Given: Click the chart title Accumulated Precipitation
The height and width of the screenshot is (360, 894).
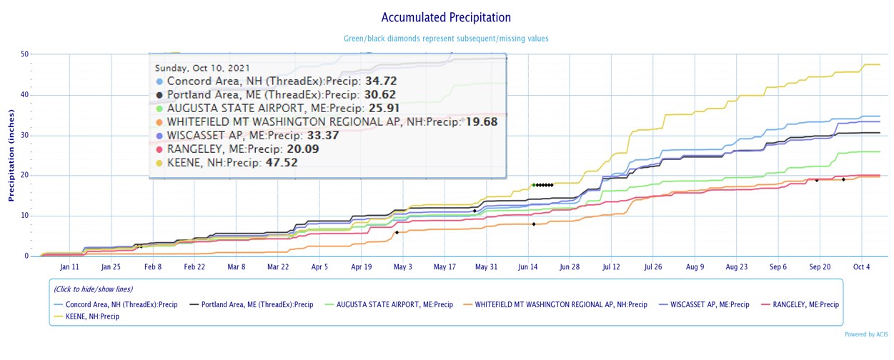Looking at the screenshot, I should (x=446, y=17).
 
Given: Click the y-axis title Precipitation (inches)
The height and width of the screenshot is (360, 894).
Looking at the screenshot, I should (x=11, y=155).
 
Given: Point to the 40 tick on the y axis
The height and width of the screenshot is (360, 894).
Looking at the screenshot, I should (x=24, y=94).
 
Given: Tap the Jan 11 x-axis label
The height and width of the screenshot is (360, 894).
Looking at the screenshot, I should (x=69, y=267).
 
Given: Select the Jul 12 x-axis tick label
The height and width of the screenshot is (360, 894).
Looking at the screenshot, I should (x=612, y=267).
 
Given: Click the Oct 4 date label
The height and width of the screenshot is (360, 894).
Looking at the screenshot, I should (x=861, y=267).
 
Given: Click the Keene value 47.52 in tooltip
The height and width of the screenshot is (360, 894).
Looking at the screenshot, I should (x=282, y=163).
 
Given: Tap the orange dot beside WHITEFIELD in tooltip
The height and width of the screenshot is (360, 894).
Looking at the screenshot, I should (x=160, y=122).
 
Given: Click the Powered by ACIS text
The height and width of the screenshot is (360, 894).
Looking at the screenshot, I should (x=866, y=334).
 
